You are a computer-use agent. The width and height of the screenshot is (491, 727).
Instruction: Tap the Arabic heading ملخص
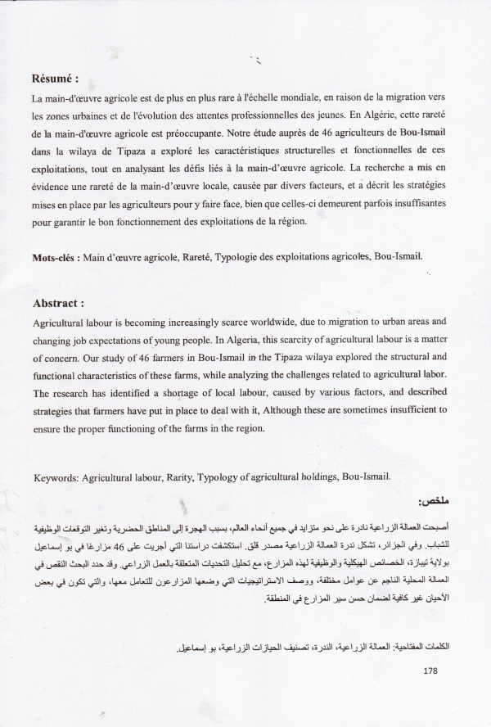(433, 500)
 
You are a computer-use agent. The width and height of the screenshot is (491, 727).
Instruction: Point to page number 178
(432, 671)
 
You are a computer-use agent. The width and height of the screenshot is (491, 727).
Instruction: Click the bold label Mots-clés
(56, 256)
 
